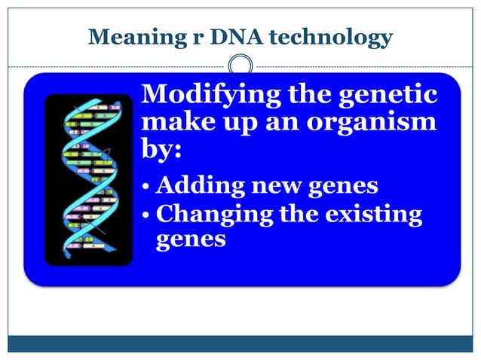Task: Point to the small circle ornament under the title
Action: click(x=240, y=66)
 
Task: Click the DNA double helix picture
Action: click(x=88, y=180)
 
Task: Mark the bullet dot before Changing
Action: click(x=147, y=215)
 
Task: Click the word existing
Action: click(x=375, y=215)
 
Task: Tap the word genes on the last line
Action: click(x=191, y=241)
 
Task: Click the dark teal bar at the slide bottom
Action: click(x=240, y=343)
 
